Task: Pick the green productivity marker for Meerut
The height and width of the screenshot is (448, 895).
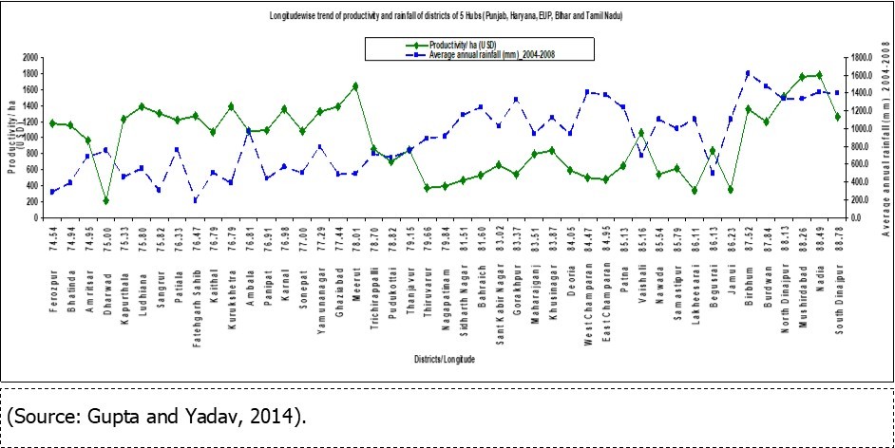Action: [x=355, y=86]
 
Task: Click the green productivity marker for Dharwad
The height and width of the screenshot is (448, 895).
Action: [x=106, y=200]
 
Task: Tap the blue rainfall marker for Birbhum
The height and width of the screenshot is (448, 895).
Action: [x=749, y=73]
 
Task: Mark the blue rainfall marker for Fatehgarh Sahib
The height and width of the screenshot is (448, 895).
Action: [x=196, y=199]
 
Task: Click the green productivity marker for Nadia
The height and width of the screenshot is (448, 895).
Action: [x=819, y=75]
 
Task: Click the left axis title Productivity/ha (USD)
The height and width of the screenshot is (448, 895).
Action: [x=12, y=138]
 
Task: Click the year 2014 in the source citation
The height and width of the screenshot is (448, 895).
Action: [x=280, y=416]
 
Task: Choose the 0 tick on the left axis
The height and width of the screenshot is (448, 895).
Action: [x=34, y=217]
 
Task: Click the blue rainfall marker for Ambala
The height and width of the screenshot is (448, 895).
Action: [x=249, y=132]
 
